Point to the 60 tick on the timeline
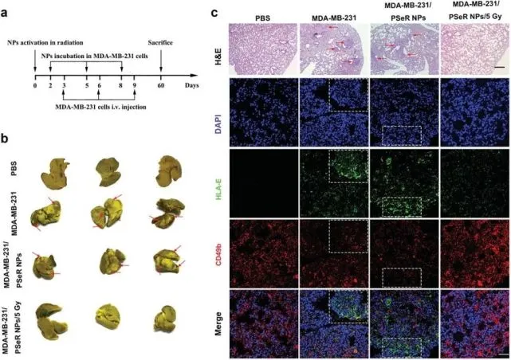tap(162, 83)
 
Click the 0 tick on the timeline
tap(35, 83)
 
